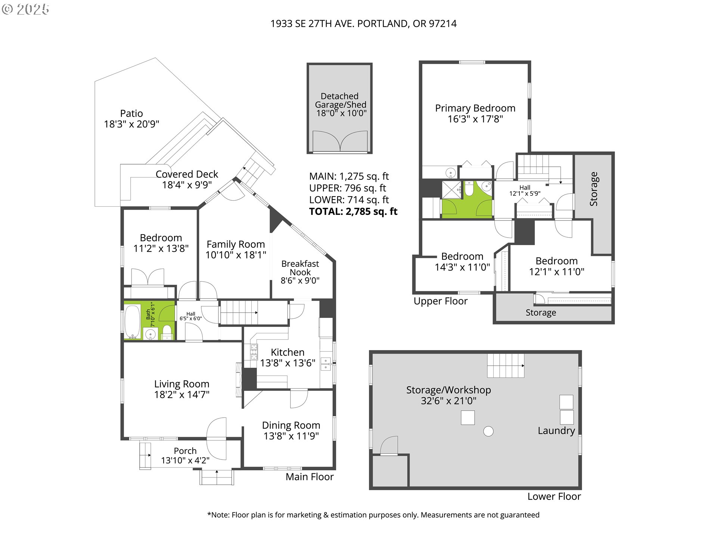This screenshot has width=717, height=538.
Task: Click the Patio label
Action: click(131, 114)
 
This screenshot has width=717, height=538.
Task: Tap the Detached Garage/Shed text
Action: click(340, 101)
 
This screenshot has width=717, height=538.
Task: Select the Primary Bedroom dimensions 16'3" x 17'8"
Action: click(475, 119)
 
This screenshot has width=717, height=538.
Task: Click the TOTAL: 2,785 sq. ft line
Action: click(353, 211)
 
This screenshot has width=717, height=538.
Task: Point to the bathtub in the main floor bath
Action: click(133, 322)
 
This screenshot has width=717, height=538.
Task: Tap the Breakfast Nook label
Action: click(300, 268)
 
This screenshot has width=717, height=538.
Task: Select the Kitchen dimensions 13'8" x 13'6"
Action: click(288, 363)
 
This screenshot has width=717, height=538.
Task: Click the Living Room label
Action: click(182, 384)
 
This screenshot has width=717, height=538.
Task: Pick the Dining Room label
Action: click(291, 425)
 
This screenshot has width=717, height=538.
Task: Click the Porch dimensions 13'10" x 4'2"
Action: click(185, 460)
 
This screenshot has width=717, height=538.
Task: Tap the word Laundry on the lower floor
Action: click(556, 431)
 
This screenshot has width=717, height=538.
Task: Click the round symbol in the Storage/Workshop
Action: click(488, 431)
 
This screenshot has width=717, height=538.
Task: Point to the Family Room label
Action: click(236, 244)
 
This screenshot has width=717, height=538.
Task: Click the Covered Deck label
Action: click(187, 174)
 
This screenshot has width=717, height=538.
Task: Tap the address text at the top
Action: click(363, 24)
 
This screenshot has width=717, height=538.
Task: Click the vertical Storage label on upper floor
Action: click(593, 189)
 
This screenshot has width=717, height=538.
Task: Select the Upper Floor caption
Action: click(441, 301)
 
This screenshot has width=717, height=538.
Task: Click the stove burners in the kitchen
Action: click(254, 352)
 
